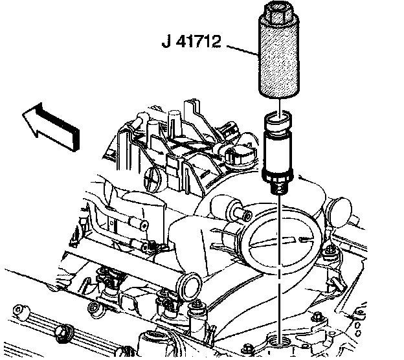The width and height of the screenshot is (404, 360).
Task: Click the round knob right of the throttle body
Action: (337, 210)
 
